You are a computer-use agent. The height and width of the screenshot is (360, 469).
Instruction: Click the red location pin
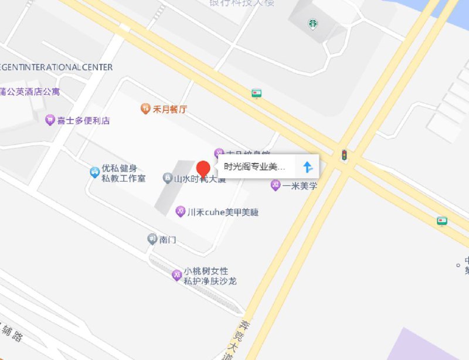[x=203, y=168]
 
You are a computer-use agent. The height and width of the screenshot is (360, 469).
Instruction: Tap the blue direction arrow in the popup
[x=308, y=167]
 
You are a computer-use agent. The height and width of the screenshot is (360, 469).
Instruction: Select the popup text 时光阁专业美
[x=254, y=167]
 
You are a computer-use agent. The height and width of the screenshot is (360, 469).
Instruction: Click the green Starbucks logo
[x=314, y=24]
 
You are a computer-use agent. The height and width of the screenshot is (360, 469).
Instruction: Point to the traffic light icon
[x=345, y=155]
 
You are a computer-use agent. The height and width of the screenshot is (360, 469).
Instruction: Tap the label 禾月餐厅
[x=170, y=108]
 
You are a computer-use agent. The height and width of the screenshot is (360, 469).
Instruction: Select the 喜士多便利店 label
[x=83, y=121]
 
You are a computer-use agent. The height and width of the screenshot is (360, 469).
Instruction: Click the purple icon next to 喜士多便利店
[x=50, y=121]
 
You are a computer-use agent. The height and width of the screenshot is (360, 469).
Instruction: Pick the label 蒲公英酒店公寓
[x=29, y=92]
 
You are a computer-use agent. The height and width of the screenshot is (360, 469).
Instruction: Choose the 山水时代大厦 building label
[x=200, y=179]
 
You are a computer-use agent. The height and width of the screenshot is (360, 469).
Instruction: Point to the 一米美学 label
[x=300, y=186]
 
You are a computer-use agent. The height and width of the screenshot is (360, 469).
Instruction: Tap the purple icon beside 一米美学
[x=275, y=186]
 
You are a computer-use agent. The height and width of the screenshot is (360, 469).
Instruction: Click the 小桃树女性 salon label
[x=205, y=271]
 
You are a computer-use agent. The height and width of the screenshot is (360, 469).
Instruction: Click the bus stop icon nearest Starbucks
[x=256, y=93]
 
